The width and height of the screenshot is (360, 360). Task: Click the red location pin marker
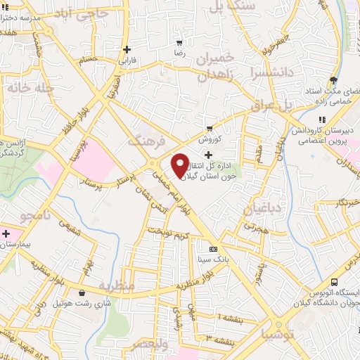tap(180, 165)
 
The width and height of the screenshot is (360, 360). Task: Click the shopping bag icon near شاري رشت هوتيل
tap(83, 292)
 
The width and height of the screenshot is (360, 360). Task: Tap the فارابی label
tap(127, 61)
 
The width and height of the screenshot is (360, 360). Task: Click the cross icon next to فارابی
tap(127, 49)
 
